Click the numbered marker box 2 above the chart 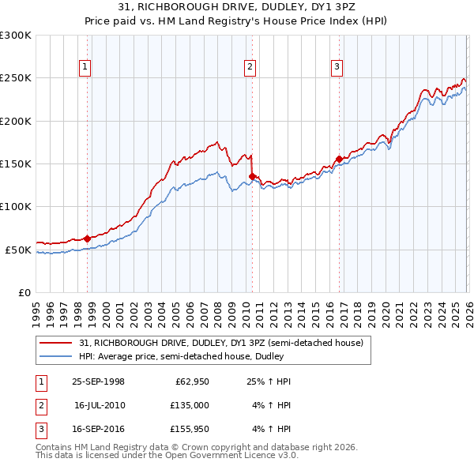pos(250,67)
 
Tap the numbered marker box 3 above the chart pos(337,67)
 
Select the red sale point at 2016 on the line pos(339,159)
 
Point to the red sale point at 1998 pos(88,239)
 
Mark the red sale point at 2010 pos(252,177)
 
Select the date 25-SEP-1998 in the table pos(99,381)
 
